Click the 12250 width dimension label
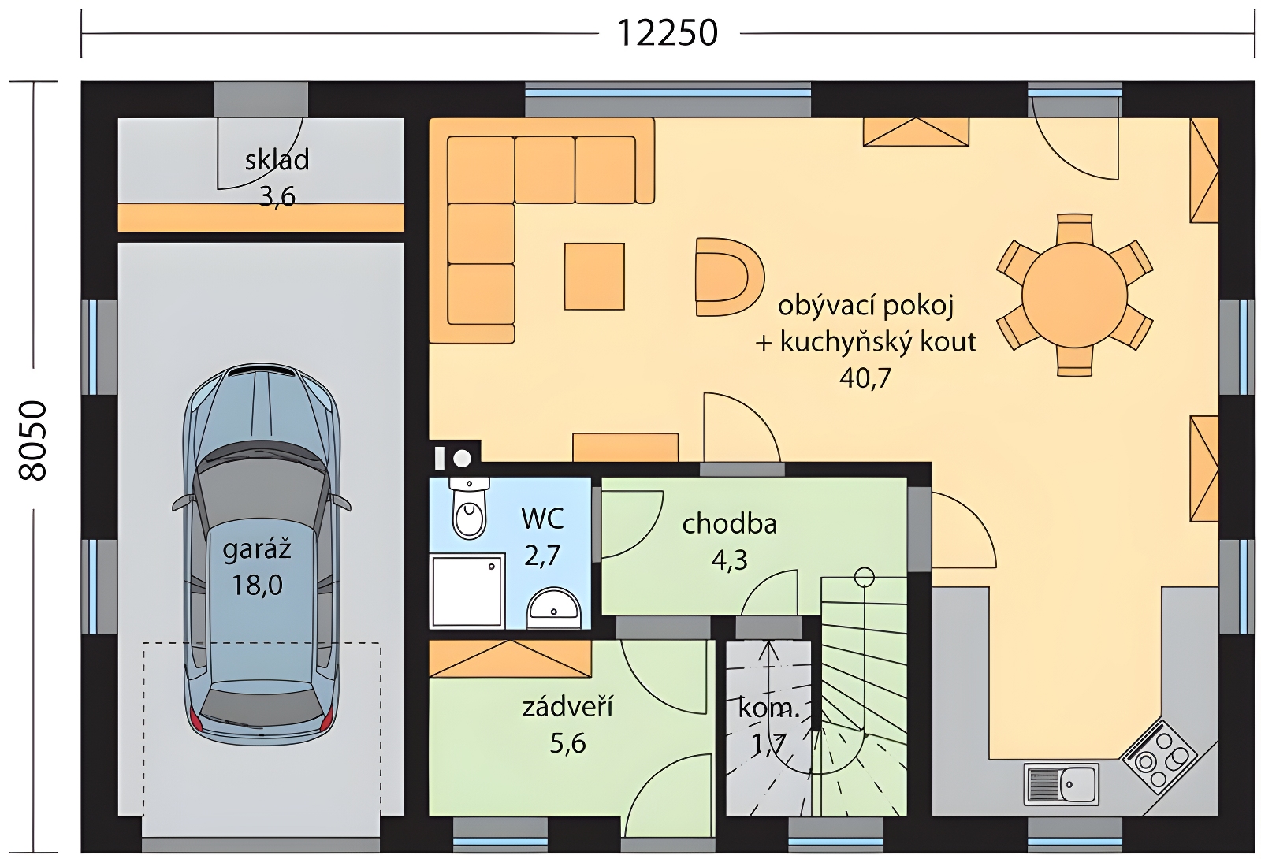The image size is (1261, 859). pos(668,33)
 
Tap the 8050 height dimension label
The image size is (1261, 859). pos(32,441)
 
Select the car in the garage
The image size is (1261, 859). pos(261,555)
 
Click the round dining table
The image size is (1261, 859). pos(1074,295)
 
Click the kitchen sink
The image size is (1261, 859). pos(1061,783)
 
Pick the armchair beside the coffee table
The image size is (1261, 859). pos(730,277)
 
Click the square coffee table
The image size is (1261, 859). pos(594,277)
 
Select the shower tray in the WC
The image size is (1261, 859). pos(467,590)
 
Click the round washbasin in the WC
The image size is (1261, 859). pos(553,608)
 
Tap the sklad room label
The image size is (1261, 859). pos(277,161)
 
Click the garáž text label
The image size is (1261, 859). pos(257,550)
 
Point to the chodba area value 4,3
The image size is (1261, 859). pos(730,560)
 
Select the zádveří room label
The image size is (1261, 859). pos(567,706)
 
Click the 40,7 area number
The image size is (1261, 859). pos(865,377)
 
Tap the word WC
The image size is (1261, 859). pos(543,519)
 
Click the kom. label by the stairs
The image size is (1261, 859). pos(769,708)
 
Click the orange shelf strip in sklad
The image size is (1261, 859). pos(261,218)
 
